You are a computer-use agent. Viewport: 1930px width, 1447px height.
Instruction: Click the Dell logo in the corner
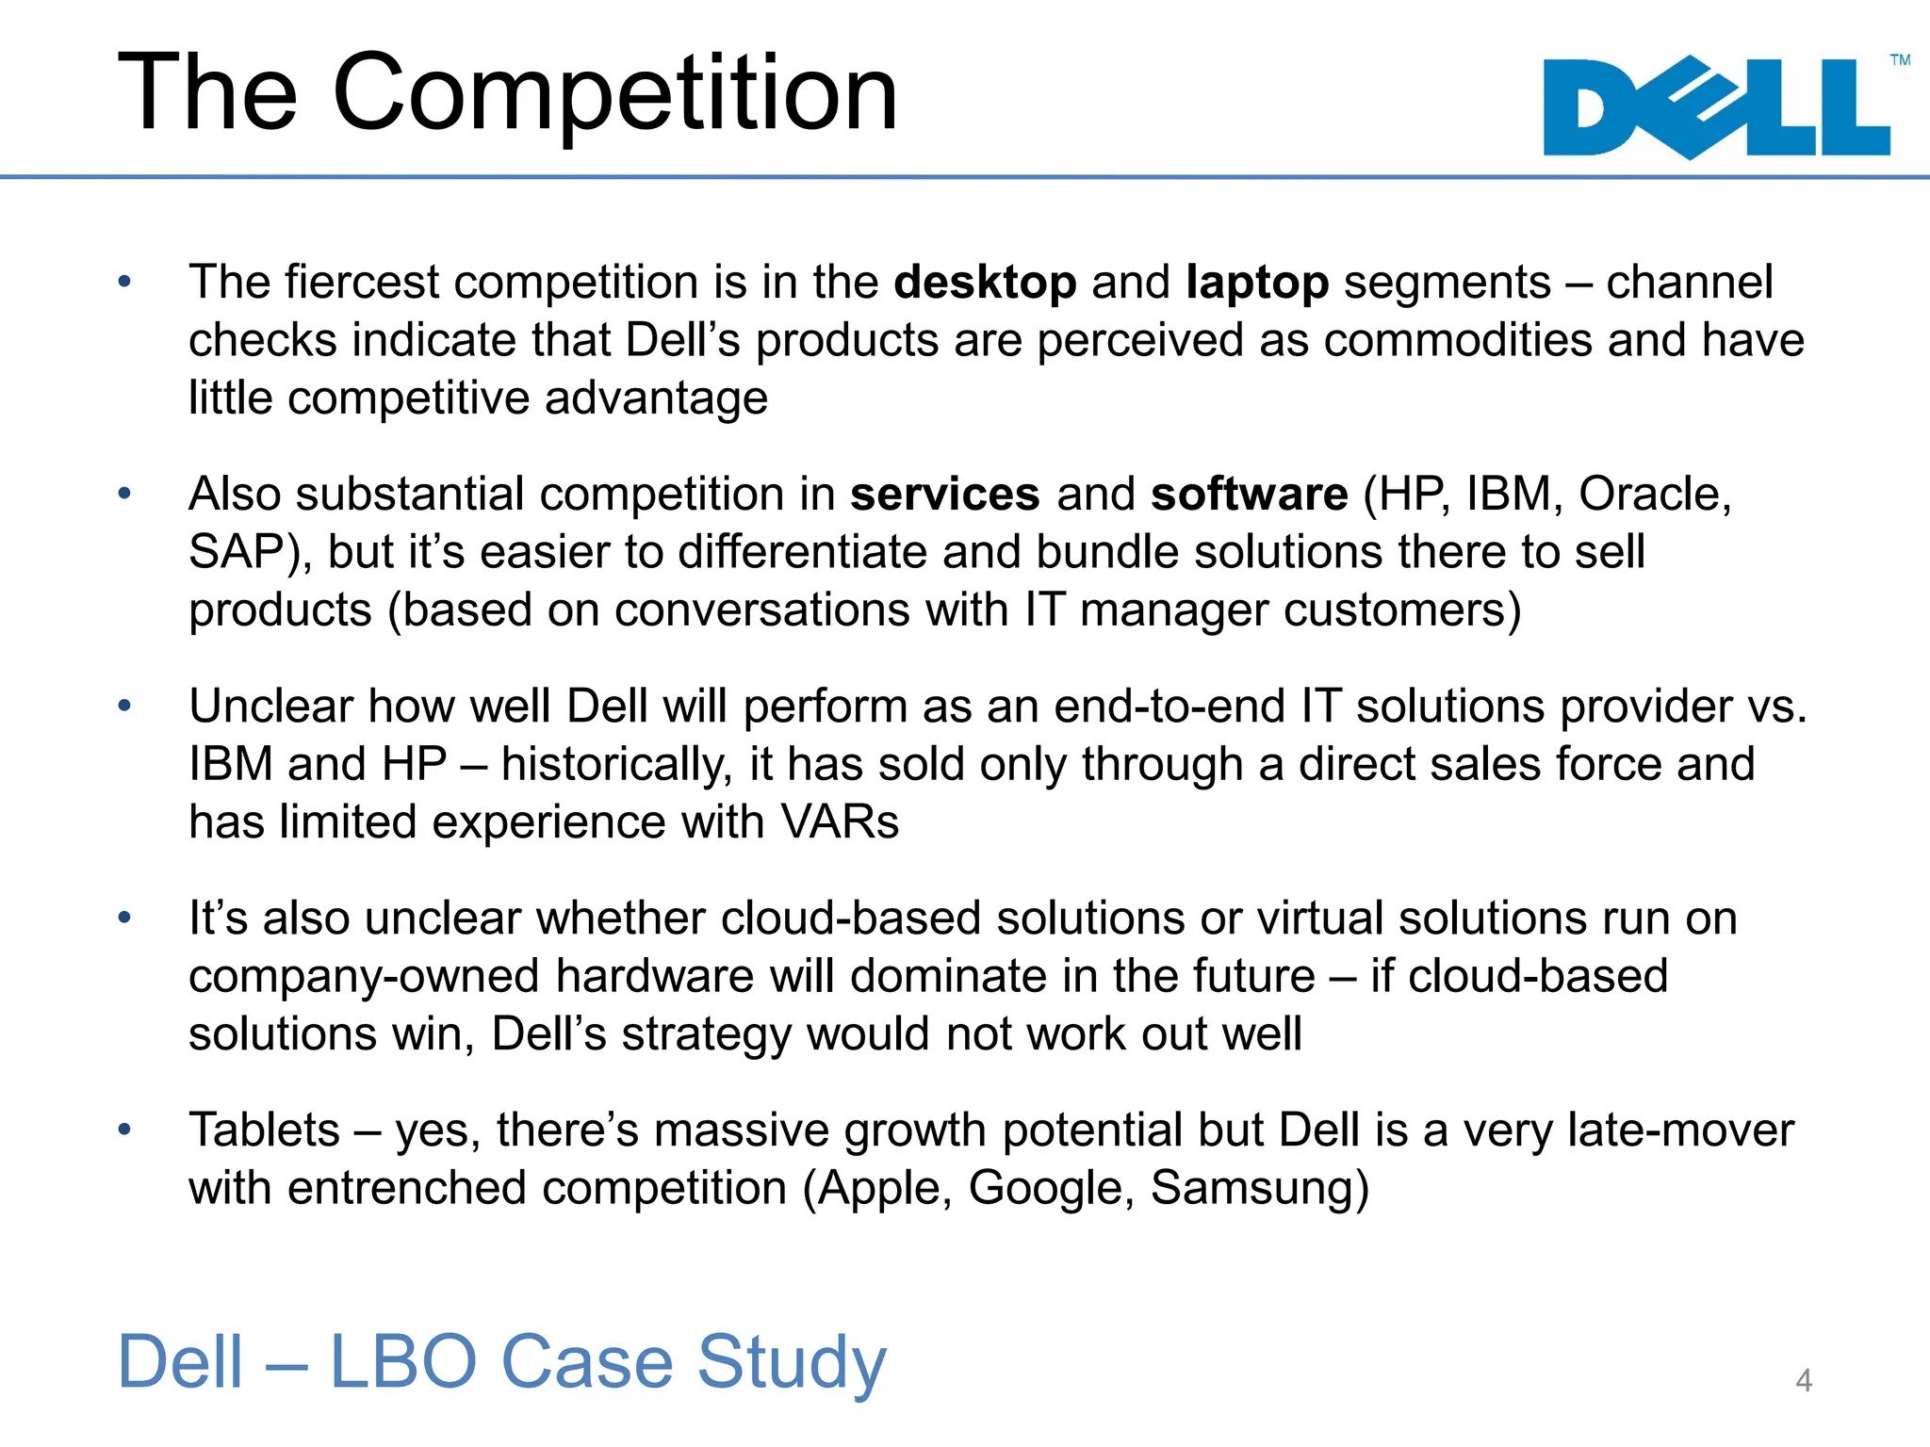pos(1717,106)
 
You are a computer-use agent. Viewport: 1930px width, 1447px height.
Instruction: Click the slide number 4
pos(1804,1380)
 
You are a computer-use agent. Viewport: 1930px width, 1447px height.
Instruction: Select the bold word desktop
pos(985,283)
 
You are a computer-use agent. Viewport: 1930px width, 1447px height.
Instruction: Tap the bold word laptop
pos(1257,283)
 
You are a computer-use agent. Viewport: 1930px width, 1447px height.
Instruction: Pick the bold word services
pos(944,495)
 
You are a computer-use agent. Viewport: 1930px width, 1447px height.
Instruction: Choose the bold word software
pos(1249,495)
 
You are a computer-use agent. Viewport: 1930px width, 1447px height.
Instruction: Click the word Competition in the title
pos(615,94)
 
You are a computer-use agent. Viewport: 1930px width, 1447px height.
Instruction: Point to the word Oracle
pos(1653,495)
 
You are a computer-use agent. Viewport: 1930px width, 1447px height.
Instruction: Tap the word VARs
pos(840,821)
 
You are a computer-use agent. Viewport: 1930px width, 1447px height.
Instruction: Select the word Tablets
pos(264,1130)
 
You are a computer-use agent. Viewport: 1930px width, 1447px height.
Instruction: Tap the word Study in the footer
pos(792,1362)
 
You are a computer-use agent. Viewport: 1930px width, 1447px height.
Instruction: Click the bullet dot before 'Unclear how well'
pos(124,706)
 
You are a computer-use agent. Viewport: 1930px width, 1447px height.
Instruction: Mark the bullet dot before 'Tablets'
pos(124,1129)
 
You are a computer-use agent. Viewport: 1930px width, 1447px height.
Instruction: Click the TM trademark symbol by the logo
pos(1900,60)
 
